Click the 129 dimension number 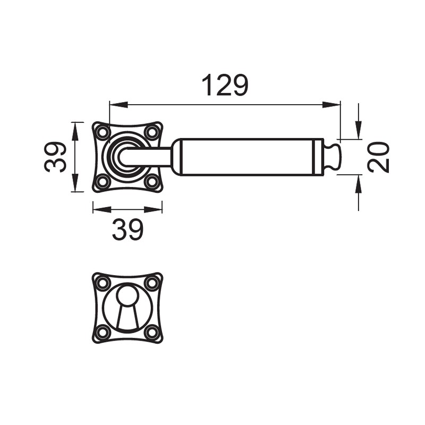click(x=225, y=85)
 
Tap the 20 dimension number click(x=378, y=157)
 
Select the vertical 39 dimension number click(x=55, y=157)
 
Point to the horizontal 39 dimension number click(x=127, y=229)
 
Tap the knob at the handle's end click(x=333, y=157)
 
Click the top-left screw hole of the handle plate click(x=103, y=132)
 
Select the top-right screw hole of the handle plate click(x=152, y=132)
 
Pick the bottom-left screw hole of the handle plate click(x=103, y=181)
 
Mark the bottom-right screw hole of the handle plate click(x=152, y=181)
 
